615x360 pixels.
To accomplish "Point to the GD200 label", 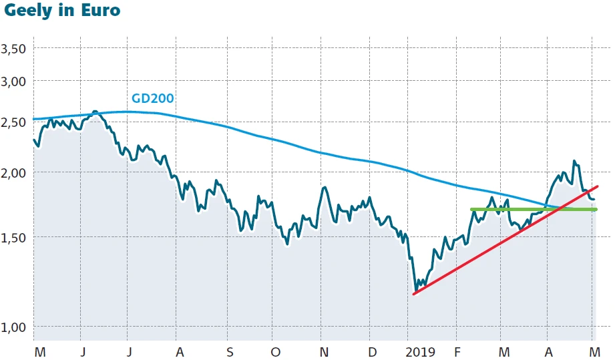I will [x=152, y=98].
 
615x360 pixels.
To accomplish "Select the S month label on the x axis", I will [x=229, y=351].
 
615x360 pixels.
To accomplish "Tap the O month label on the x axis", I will [x=275, y=351].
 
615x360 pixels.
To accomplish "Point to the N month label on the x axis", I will [x=324, y=351].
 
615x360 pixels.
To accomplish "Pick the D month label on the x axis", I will [x=373, y=351].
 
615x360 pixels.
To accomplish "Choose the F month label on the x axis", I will [x=457, y=351].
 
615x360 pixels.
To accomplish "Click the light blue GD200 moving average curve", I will [x=267, y=137].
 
